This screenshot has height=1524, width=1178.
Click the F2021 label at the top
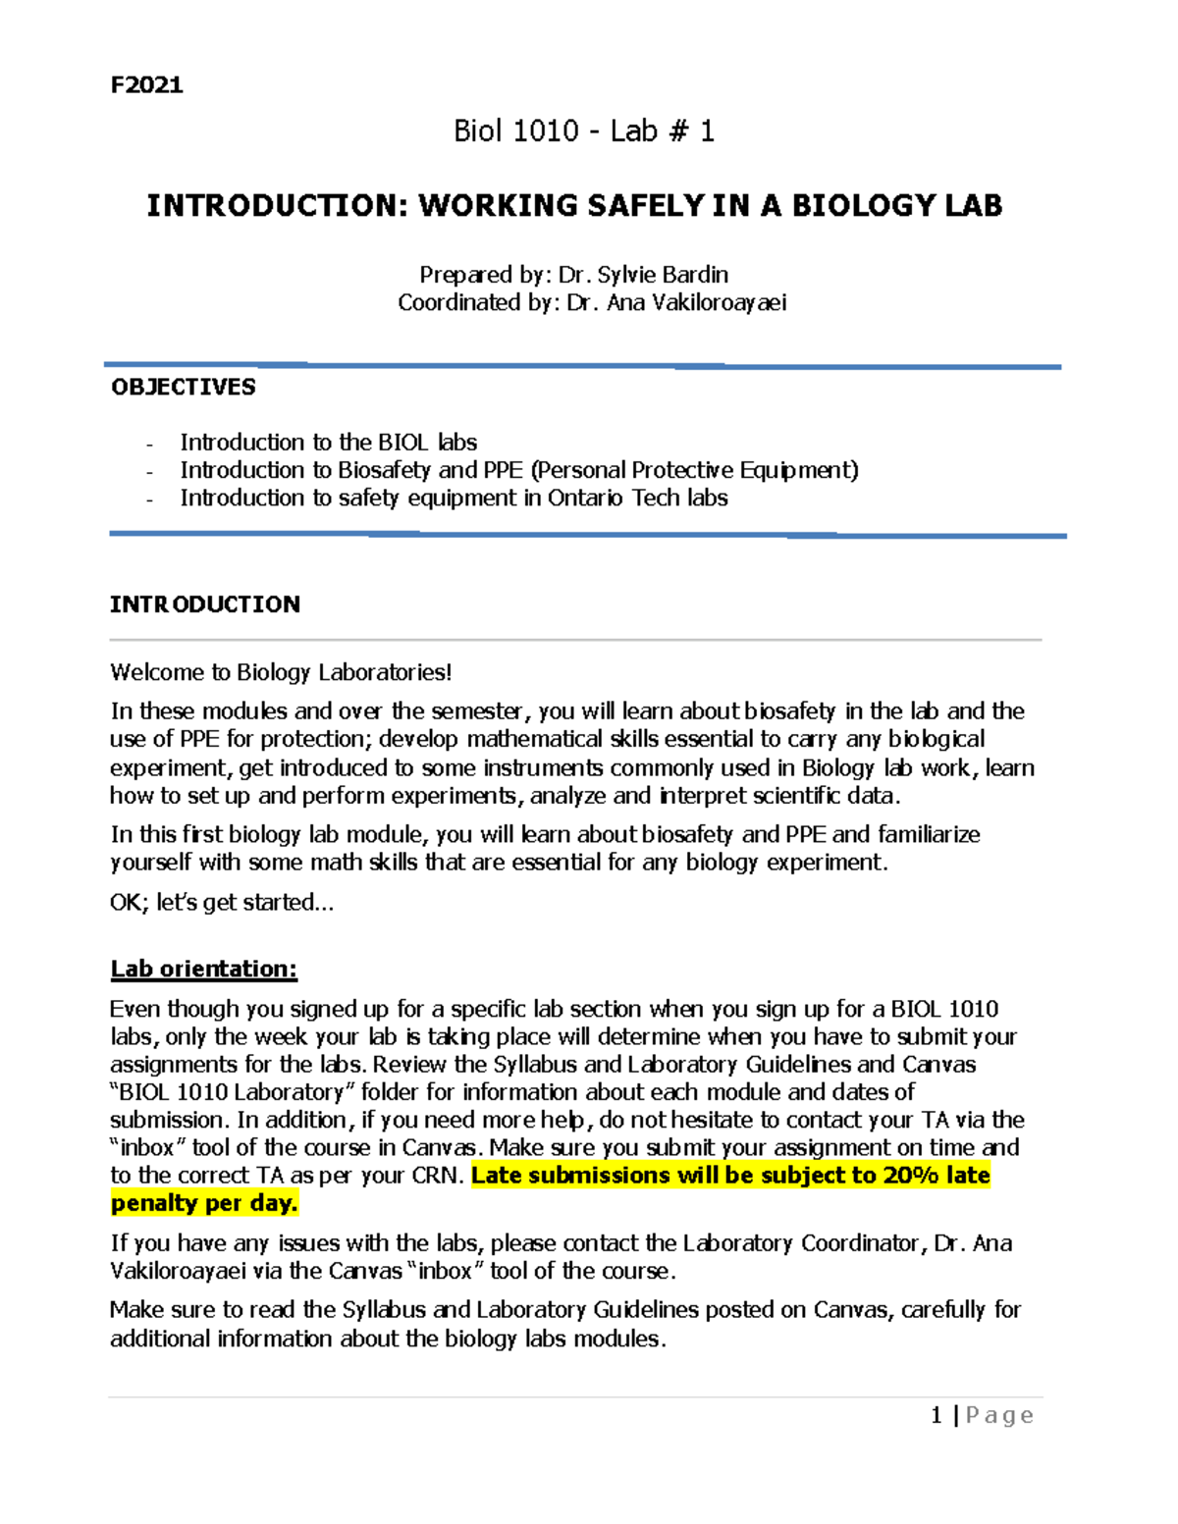pos(146,84)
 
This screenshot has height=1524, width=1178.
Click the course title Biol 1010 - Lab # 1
pos(583,131)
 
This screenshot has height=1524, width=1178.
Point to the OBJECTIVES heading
pos(183,387)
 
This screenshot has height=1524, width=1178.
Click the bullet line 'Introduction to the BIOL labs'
pos(328,443)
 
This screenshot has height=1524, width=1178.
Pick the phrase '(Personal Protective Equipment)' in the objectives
pos(694,470)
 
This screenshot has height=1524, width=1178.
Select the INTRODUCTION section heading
pos(204,604)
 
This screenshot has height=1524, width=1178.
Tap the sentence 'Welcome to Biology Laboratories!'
pos(281,672)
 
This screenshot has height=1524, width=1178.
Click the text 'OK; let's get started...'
pos(222,902)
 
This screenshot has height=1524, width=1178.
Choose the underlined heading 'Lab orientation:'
pos(203,969)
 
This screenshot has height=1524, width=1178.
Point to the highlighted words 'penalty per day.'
pos(204,1203)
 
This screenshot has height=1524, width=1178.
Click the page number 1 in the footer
pos(936,1415)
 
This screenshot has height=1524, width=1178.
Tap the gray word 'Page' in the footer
pos(999,1415)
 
